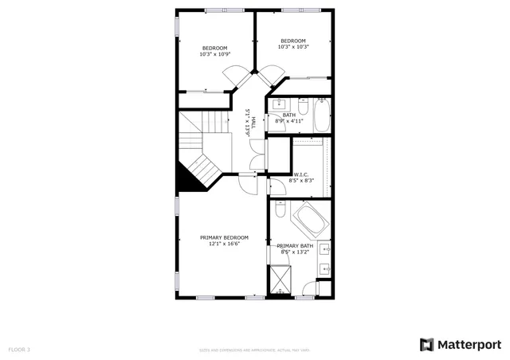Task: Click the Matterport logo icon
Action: point(426,344)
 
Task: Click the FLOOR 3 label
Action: point(19,350)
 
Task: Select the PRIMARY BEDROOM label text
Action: point(224,237)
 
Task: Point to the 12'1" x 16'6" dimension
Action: point(224,245)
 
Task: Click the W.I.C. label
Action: point(301,174)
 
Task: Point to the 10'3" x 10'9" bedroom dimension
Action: point(215,54)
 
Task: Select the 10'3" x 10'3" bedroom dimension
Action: point(293,47)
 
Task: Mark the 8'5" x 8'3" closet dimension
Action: point(301,181)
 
